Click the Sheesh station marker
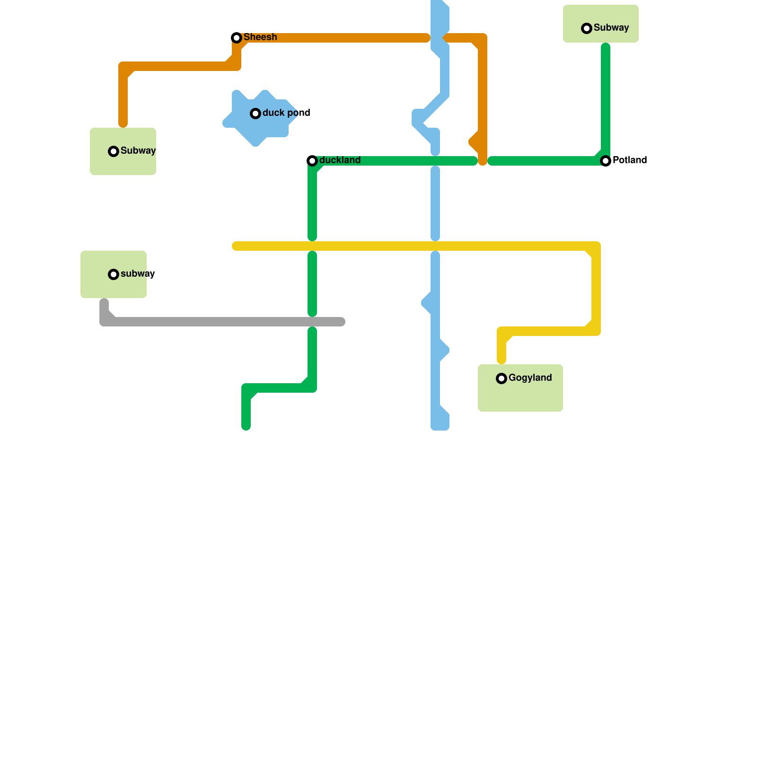point(237,38)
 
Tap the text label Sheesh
point(260,37)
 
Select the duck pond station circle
point(255,114)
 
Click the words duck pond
point(286,113)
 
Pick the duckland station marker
point(312,161)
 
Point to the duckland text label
point(340,160)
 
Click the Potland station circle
point(606,161)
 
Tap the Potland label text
point(630,160)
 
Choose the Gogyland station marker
point(502,378)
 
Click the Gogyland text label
point(530,378)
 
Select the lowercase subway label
point(138,273)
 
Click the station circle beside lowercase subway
point(114,274)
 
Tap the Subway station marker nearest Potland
point(587,28)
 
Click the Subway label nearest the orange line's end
point(138,150)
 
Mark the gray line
point(222,322)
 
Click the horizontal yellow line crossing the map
point(416,246)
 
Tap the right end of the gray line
point(342,322)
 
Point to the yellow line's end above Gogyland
point(502,361)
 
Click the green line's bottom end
point(246,427)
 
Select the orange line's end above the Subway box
point(123,124)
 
